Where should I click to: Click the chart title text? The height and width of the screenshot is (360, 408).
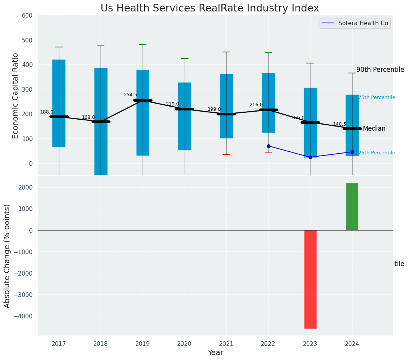click(x=210, y=8)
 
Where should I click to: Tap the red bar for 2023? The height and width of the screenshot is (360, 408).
click(x=310, y=279)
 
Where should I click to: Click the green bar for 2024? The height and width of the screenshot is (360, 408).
click(x=352, y=207)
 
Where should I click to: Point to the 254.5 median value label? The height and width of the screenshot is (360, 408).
click(x=130, y=95)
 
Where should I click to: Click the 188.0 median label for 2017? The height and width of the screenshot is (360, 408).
click(x=47, y=112)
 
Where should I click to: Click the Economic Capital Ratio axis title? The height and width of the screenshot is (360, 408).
click(x=16, y=96)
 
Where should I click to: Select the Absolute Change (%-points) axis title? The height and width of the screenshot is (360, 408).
click(x=7, y=256)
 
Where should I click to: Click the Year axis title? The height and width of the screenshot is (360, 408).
click(x=216, y=353)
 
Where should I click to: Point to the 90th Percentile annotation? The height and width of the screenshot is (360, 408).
click(x=380, y=70)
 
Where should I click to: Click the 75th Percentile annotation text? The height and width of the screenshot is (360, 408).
click(x=377, y=97)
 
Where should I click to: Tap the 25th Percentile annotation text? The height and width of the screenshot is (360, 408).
click(x=377, y=153)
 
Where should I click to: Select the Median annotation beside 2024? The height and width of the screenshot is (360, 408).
click(x=374, y=129)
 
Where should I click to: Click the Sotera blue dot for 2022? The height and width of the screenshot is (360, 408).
click(x=268, y=146)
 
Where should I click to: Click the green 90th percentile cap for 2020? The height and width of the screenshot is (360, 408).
click(x=185, y=58)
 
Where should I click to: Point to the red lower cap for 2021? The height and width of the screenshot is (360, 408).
click(x=226, y=154)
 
